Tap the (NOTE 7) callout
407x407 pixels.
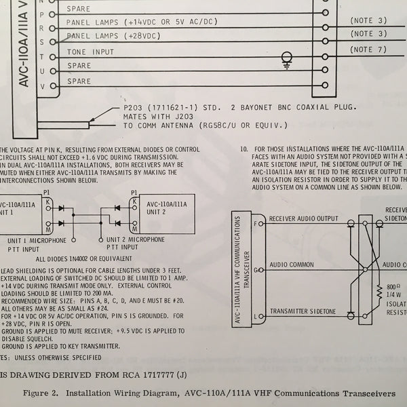(x=368, y=50)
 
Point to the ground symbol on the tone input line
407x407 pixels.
(x=287, y=60)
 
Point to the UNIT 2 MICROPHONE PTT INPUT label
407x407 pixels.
(x=134, y=245)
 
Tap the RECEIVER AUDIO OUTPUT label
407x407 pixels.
(x=303, y=218)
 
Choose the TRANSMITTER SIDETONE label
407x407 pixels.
(x=304, y=312)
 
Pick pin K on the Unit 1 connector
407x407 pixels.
(x=47, y=201)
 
